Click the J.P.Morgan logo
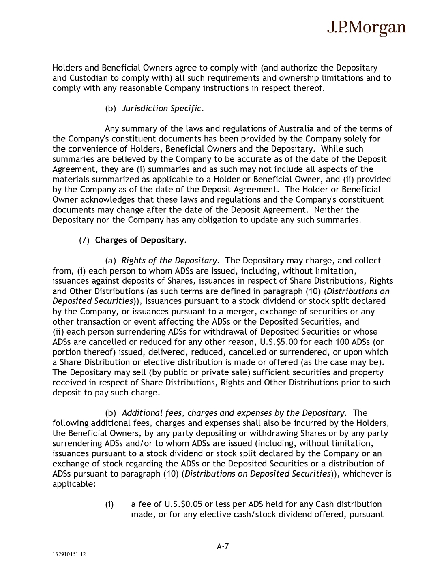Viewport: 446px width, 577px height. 366,28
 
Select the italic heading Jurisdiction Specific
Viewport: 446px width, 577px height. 161,109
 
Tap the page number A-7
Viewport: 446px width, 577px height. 223,546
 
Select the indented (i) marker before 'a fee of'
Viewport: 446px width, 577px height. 109,504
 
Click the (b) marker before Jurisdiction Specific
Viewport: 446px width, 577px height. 111,109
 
